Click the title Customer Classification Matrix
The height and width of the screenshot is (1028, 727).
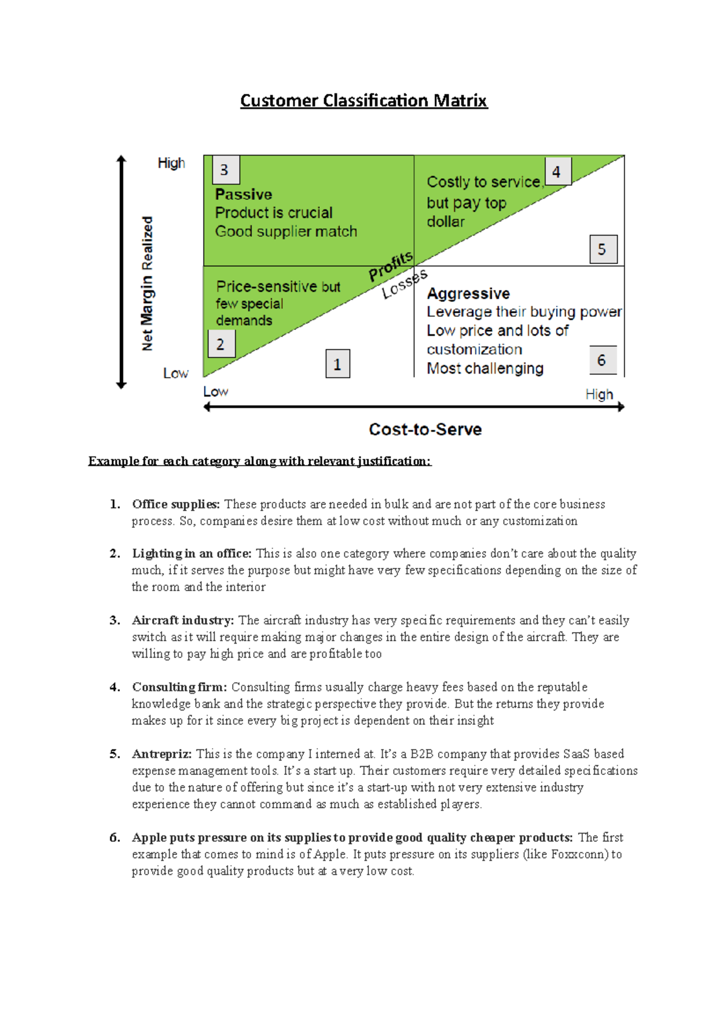pos(363,100)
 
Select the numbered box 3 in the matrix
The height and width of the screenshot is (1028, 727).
pos(225,170)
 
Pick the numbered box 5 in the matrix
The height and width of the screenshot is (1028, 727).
pos(603,249)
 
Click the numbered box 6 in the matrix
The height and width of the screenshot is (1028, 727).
pos(602,360)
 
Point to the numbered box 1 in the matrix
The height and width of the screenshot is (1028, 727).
pos(337,364)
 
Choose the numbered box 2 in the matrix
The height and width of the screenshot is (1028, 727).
pos(221,344)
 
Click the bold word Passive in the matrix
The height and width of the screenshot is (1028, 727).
pos(244,194)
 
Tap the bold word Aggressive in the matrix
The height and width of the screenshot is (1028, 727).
pos(468,294)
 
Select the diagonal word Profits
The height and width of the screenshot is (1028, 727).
pos(391,266)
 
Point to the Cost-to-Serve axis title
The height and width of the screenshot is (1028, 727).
pos(425,429)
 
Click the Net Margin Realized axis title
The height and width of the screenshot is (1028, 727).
pos(147,283)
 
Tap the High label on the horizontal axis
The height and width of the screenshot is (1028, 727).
pos(599,395)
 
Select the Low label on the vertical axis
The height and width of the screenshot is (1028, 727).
pos(176,374)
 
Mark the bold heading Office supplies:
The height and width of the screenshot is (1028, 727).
pos(176,504)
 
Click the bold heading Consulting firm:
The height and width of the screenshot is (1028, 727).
pos(179,687)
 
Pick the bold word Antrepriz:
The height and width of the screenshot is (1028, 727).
pos(162,754)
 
